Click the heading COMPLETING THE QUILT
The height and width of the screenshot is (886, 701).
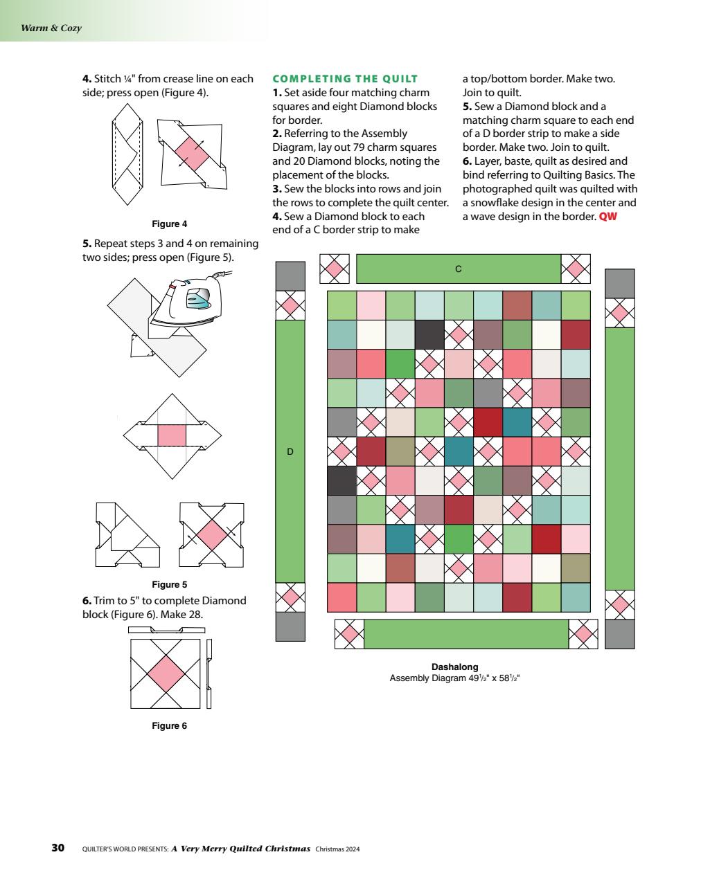click(x=345, y=78)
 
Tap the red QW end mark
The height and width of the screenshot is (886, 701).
click(x=607, y=217)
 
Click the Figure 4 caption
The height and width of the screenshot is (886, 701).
click(x=169, y=224)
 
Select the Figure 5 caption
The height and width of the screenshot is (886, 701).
click(x=169, y=584)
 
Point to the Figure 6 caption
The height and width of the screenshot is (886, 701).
click(x=169, y=725)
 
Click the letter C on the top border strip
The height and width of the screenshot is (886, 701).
click(x=458, y=269)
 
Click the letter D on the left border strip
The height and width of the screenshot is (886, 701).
click(x=290, y=451)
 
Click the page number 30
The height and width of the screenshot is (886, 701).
click(x=58, y=848)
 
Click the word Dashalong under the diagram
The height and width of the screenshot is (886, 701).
click(x=454, y=667)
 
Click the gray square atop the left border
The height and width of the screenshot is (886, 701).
click(x=290, y=275)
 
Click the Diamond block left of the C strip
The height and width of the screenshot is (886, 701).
click(x=334, y=269)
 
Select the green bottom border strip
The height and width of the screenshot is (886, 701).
click(x=465, y=633)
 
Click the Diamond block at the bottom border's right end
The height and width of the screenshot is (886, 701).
click(x=583, y=633)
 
